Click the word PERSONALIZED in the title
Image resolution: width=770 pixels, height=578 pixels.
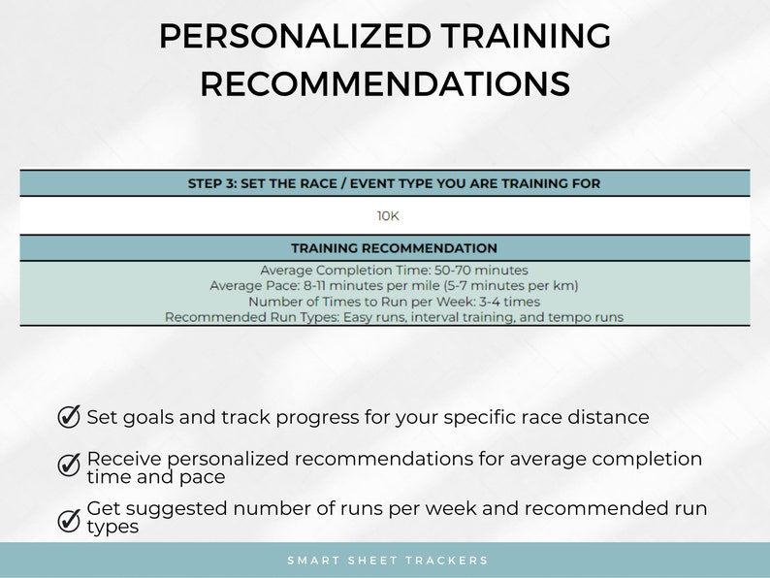coord(295,37)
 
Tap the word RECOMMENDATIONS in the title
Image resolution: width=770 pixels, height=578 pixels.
coord(385,83)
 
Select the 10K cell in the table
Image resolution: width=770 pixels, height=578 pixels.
coord(388,216)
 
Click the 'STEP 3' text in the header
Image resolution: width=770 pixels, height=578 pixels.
coord(210,183)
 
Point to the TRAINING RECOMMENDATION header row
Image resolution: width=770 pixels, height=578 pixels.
coord(394,248)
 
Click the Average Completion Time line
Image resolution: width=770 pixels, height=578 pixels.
coord(394,271)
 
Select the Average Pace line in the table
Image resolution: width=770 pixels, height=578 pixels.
coord(394,286)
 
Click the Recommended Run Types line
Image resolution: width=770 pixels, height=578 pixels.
coord(394,317)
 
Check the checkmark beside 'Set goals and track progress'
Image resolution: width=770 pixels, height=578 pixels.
coord(69,417)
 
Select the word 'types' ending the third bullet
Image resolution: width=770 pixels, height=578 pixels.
coord(112,528)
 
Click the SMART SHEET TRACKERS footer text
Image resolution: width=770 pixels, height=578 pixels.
coord(388,561)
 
